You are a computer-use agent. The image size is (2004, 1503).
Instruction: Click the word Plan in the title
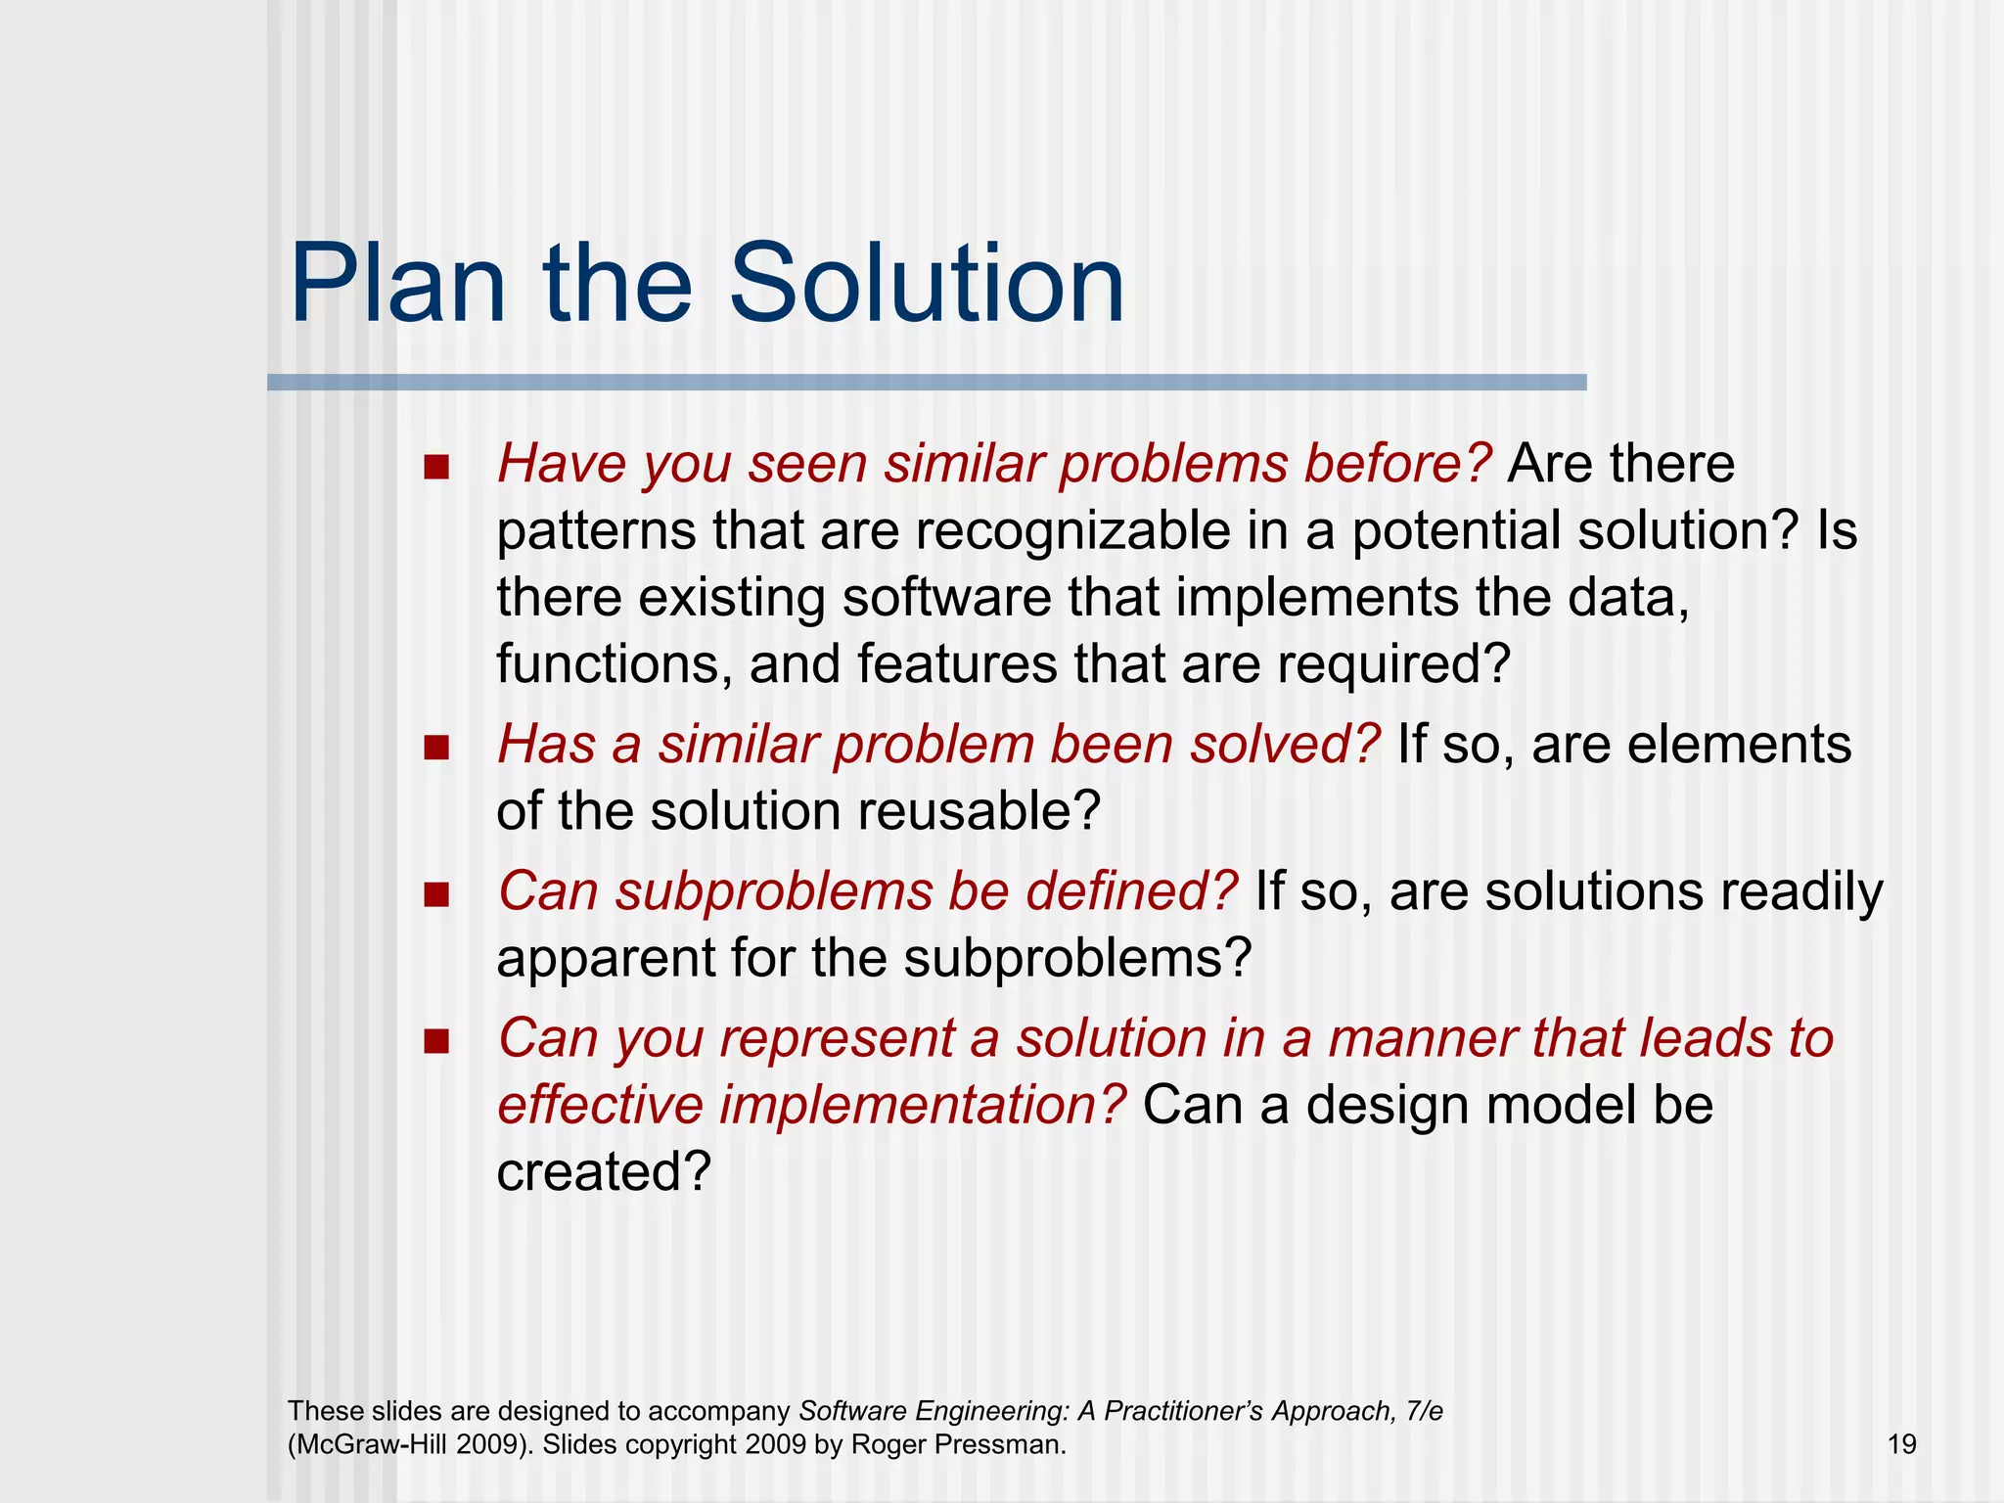[397, 286]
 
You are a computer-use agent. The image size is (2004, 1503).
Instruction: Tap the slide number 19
[1901, 1444]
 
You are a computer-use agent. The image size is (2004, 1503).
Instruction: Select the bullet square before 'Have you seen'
[436, 467]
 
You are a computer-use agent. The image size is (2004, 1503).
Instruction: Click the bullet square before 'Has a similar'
[436, 749]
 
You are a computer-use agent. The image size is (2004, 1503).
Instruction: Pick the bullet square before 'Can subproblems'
[436, 894]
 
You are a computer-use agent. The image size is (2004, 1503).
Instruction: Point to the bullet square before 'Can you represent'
[436, 1041]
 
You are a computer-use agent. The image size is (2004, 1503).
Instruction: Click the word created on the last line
[602, 1171]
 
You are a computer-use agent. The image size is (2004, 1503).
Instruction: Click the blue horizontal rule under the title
[926, 383]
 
